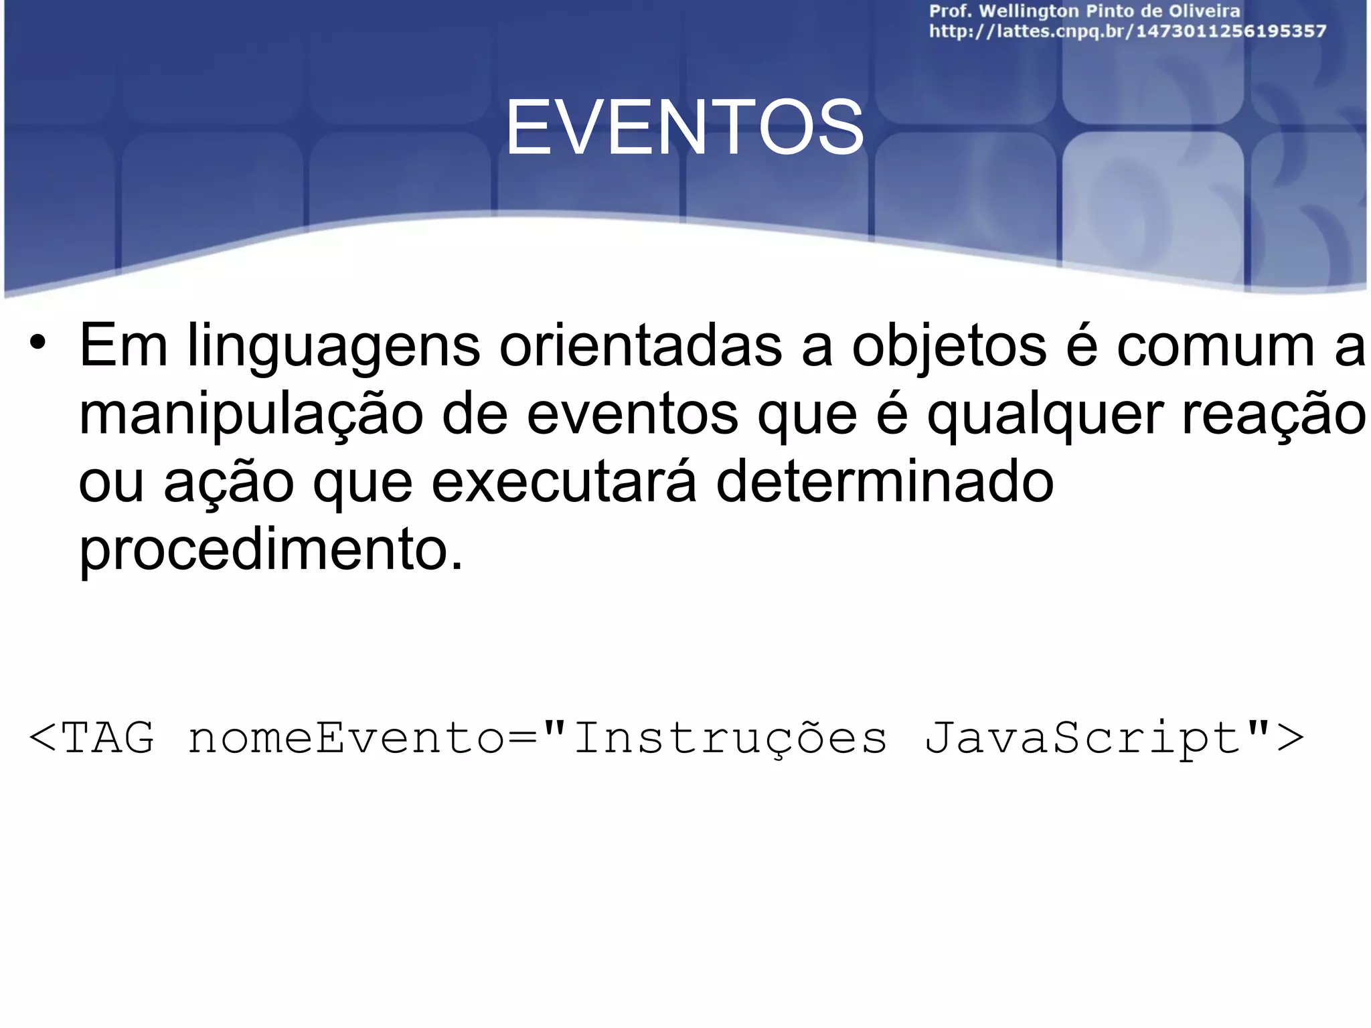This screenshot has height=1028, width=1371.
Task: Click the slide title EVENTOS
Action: [x=684, y=127]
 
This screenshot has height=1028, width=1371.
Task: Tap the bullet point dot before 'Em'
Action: [x=37, y=343]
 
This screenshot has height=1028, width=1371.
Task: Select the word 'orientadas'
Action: [x=640, y=345]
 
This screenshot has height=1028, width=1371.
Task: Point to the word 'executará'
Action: [x=564, y=482]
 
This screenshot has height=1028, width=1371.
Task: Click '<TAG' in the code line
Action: [x=91, y=738]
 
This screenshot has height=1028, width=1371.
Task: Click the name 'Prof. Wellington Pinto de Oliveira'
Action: [x=1084, y=11]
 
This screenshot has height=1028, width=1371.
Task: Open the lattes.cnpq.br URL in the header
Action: [x=1127, y=31]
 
